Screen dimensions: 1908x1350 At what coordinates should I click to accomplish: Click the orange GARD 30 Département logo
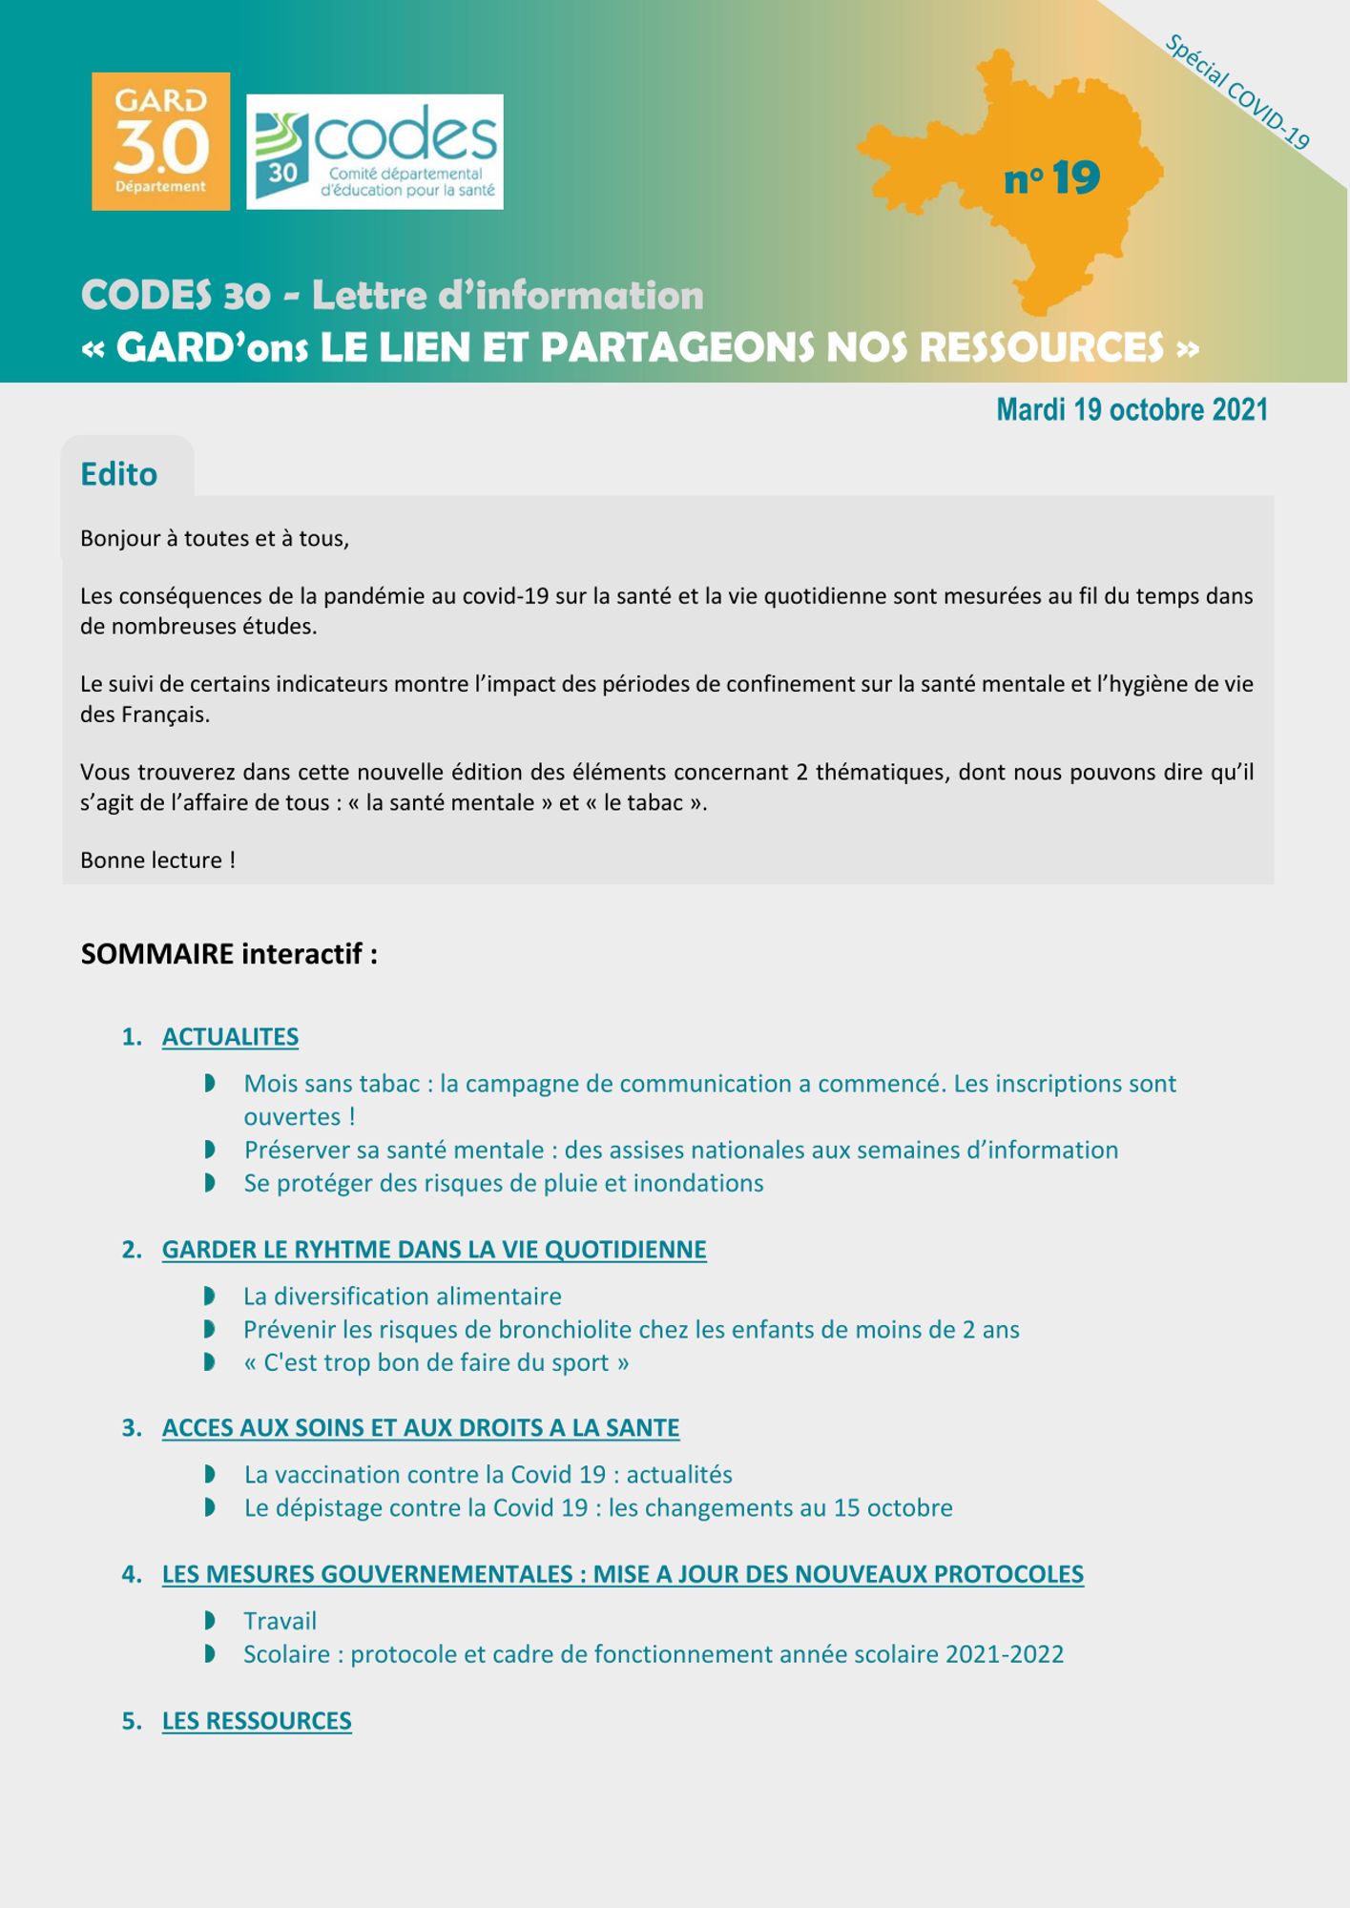(160, 141)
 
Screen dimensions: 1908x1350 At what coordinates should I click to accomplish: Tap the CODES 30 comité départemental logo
(374, 152)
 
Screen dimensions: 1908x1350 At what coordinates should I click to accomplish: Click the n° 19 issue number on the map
(1051, 178)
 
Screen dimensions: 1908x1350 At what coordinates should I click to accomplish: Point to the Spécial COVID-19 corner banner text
(1237, 93)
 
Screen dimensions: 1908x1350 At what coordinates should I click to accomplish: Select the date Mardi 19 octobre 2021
(1132, 410)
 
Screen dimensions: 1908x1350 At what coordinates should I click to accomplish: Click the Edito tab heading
(119, 474)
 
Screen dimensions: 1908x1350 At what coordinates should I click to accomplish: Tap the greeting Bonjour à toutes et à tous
(215, 539)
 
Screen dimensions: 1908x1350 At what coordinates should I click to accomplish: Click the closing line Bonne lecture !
(157, 861)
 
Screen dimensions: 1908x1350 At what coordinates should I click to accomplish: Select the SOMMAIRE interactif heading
(229, 954)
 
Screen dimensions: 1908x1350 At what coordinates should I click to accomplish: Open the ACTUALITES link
(230, 1037)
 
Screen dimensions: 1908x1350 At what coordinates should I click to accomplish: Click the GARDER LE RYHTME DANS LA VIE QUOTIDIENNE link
(434, 1250)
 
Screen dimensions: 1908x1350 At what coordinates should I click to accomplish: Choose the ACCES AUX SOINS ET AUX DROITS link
(421, 1428)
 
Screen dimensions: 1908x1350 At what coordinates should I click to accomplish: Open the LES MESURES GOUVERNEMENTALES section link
(622, 1574)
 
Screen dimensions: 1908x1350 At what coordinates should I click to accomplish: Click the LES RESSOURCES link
(257, 1721)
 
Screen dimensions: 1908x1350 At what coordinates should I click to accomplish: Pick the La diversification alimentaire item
(402, 1296)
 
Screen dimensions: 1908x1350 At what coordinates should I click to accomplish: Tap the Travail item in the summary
(280, 1621)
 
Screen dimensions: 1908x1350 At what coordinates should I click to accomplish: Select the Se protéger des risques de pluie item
(503, 1183)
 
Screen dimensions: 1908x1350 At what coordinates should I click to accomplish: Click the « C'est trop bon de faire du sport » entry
(436, 1362)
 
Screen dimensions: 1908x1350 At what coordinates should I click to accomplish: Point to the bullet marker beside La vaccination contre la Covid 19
(210, 1475)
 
